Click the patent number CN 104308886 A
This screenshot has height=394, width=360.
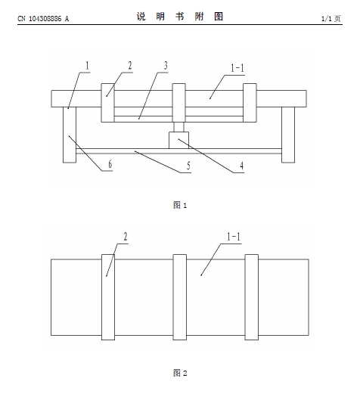[x=43, y=19]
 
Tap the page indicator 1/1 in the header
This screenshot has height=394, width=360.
[x=327, y=19]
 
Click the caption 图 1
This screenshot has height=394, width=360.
[x=180, y=205]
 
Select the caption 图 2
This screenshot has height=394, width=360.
[x=180, y=373]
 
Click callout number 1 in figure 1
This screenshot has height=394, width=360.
[x=87, y=66]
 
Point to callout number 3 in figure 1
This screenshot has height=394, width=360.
[x=166, y=66]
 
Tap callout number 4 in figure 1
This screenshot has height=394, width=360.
[x=241, y=166]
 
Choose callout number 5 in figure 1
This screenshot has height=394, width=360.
[x=188, y=166]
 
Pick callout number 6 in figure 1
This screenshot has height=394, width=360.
[x=110, y=164]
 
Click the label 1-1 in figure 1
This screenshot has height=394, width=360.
[x=237, y=68]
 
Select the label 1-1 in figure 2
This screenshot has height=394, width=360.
[x=234, y=237]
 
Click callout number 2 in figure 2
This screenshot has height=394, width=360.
[x=126, y=237]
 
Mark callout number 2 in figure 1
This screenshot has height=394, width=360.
[x=130, y=66]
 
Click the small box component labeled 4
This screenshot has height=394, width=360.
[x=178, y=140]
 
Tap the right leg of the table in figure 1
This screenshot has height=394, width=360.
[x=288, y=135]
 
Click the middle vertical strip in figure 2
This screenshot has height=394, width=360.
[x=180, y=297]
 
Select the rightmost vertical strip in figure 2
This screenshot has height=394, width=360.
[x=252, y=297]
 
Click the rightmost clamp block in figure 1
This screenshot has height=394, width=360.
[x=250, y=103]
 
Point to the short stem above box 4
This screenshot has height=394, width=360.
[x=178, y=127]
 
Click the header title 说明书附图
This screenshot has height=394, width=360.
[x=180, y=17]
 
